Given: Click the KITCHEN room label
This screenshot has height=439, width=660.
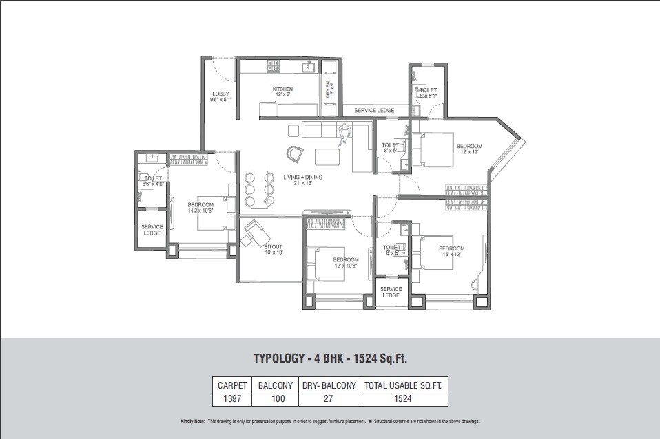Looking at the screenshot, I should coord(282,89).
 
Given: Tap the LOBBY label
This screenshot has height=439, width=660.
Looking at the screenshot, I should coord(220,94).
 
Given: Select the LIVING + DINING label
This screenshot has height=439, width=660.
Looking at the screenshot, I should coord(303,178).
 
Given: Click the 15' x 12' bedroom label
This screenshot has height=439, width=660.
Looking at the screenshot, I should coord(451,248).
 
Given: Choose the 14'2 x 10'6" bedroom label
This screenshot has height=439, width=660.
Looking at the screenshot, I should coord(200,205).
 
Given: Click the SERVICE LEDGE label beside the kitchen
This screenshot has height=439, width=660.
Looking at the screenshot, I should coord(374,110).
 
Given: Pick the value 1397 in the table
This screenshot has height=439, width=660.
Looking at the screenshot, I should coord(231,398).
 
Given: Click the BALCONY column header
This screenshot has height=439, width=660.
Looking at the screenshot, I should coord(275,385).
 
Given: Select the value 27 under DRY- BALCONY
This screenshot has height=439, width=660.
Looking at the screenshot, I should coord(329,398).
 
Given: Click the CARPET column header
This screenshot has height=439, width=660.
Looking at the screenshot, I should coord(231,385).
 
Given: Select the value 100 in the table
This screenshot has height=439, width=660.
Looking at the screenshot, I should coord(275,398).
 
